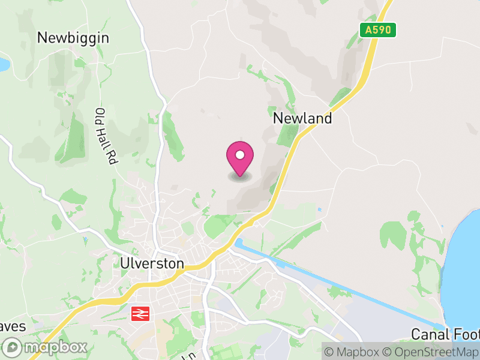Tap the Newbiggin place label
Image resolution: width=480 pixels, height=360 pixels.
click(73, 38)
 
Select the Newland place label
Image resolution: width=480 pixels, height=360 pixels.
click(302, 118)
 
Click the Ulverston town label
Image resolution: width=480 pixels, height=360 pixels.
click(152, 263)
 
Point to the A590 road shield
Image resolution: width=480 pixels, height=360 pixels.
click(378, 29)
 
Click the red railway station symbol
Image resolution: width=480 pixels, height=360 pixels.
click(140, 313)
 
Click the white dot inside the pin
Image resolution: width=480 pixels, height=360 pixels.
click(240, 155)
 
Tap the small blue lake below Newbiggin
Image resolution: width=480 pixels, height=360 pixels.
click(3, 64)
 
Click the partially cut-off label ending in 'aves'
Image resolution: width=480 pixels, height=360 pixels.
click(13, 327)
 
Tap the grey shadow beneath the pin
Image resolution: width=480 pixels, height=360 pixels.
click(240, 176)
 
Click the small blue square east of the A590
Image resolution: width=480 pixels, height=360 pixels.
click(319, 209)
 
